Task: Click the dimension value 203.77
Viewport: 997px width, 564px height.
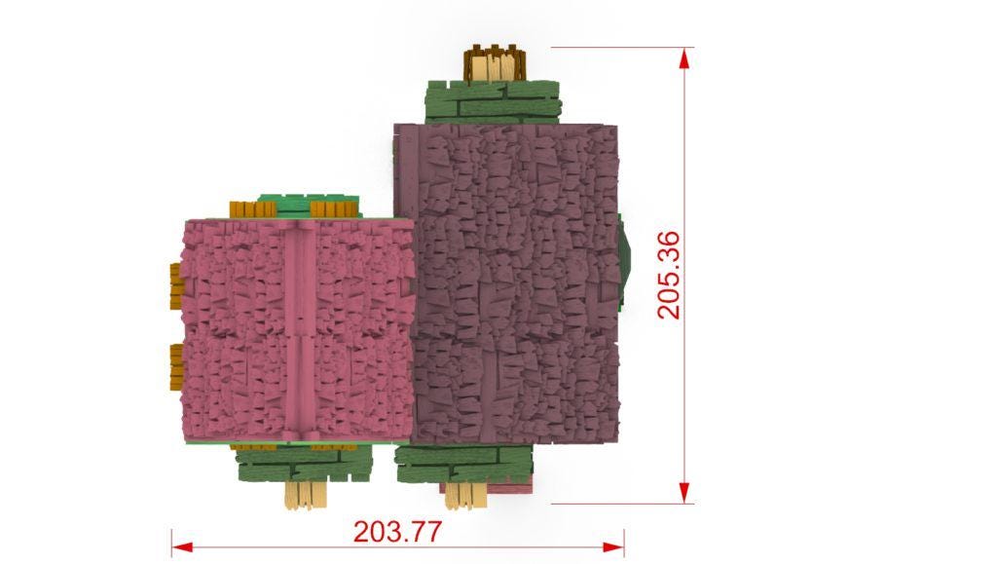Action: point(397,532)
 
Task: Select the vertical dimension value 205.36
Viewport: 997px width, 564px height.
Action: point(669,275)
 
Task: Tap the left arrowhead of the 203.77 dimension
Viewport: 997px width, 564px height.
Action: point(182,546)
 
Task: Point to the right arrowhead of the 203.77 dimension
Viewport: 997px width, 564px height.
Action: point(613,546)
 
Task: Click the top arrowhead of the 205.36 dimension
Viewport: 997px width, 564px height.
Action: point(684,58)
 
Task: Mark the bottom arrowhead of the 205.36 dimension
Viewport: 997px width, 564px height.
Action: point(684,492)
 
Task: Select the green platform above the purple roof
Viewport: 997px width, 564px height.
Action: point(493,101)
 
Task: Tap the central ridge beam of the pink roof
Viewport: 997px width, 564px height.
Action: point(300,330)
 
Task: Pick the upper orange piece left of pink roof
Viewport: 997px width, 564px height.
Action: point(175,286)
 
